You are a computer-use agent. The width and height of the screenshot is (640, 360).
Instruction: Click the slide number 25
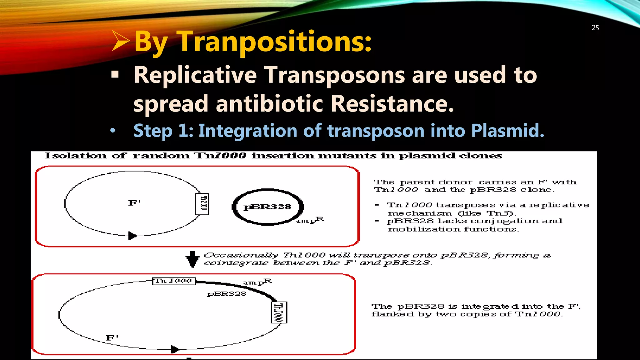(595, 28)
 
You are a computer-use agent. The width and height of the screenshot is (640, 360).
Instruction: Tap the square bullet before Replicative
(115, 75)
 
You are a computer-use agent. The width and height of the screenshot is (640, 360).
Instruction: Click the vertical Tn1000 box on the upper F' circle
(202, 204)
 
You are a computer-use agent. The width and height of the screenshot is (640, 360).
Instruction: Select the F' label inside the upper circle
(135, 203)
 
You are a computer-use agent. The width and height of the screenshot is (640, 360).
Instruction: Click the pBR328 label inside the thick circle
(267, 207)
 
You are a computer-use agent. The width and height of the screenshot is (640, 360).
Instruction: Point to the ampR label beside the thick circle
(310, 220)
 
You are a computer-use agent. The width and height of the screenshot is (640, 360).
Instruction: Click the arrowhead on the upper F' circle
(132, 236)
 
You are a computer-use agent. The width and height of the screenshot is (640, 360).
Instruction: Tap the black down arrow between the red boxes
(192, 259)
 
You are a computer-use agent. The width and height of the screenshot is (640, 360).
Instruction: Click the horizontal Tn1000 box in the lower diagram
(174, 281)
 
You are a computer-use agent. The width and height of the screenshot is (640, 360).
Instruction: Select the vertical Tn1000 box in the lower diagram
(279, 312)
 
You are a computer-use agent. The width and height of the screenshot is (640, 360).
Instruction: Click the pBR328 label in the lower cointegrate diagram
(226, 294)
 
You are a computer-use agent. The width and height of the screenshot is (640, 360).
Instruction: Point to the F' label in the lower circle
(112, 338)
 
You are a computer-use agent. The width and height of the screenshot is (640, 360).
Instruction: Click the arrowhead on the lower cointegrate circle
(175, 349)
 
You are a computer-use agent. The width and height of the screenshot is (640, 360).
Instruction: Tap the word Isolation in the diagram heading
(76, 156)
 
